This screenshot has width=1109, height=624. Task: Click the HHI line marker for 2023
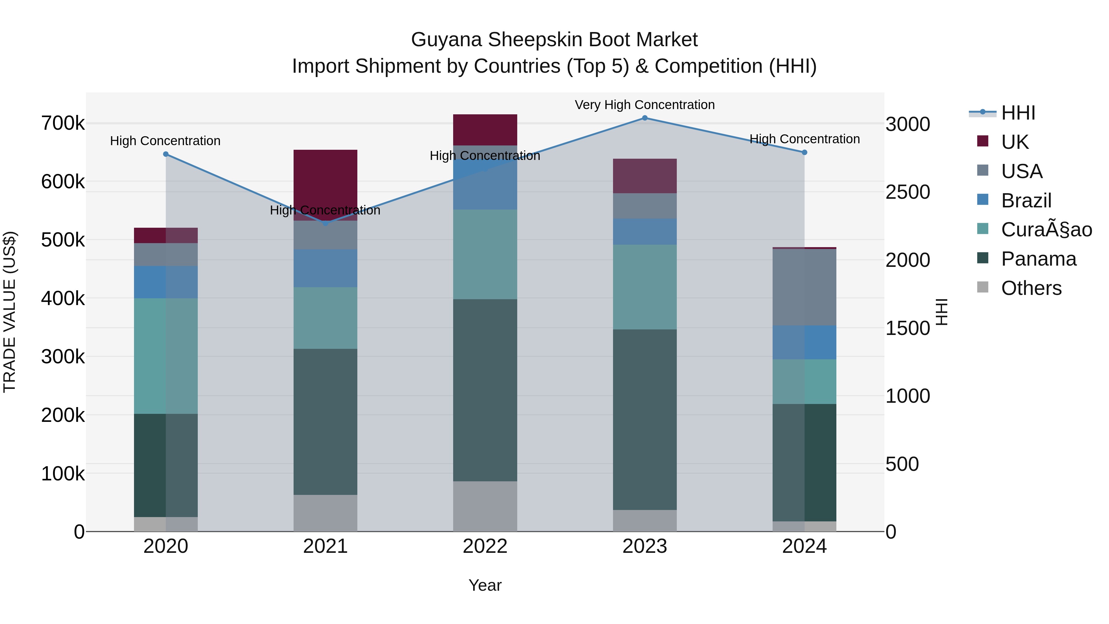click(644, 118)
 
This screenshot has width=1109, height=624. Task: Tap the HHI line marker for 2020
click(166, 154)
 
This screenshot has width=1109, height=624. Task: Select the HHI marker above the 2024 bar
click(804, 153)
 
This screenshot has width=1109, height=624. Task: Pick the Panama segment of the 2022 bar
click(485, 390)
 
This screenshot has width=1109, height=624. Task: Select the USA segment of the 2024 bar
click(804, 287)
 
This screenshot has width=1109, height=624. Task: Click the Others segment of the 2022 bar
click(485, 506)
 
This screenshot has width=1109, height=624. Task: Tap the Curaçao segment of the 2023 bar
click(644, 287)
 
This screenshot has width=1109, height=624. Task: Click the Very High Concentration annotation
click(644, 105)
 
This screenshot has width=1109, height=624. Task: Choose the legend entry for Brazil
click(1026, 201)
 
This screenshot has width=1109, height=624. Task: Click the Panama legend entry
click(1038, 259)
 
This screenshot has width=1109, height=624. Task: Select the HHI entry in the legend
click(1018, 113)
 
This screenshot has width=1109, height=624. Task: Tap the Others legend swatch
click(983, 287)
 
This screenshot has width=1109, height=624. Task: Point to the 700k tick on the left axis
click(63, 124)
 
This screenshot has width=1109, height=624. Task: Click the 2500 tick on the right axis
click(908, 192)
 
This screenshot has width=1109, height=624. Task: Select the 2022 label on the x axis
click(485, 546)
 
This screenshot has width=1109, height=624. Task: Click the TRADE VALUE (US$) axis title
click(10, 312)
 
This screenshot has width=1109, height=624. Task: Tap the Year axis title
click(485, 585)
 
